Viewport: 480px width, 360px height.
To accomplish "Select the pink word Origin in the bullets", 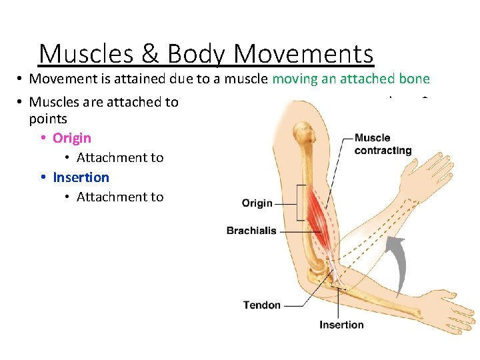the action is click(72, 138).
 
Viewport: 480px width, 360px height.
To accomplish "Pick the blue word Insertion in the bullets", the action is click(81, 177).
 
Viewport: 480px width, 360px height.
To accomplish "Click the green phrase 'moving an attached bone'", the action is click(351, 79).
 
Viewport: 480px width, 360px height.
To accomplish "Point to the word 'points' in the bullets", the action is click(48, 119).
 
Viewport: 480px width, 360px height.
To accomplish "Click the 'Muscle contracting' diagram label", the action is click(383, 144).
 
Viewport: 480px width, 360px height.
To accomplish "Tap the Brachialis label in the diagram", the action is click(251, 231).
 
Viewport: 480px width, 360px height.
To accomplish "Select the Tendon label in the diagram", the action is click(262, 305).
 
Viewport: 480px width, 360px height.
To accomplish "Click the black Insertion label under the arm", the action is click(341, 325).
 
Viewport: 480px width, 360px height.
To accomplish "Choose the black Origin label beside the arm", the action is click(257, 203).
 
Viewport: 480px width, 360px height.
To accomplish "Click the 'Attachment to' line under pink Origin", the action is click(120, 158).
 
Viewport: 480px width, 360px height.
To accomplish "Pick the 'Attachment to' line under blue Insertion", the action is click(120, 197).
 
